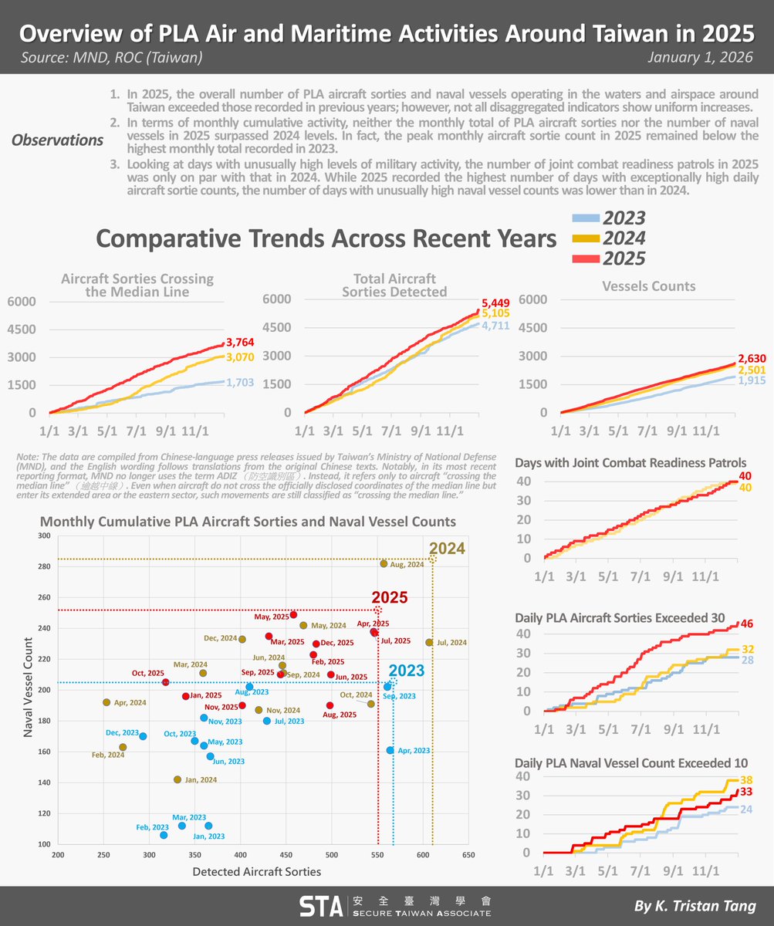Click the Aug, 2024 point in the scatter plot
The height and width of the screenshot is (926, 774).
point(384,563)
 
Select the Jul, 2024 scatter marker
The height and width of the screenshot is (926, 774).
point(429,642)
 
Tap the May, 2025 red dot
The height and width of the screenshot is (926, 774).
point(293,614)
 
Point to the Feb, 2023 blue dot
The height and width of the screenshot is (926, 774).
point(164,835)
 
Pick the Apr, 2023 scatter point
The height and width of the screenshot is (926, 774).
point(390,750)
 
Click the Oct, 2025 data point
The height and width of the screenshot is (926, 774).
point(166,682)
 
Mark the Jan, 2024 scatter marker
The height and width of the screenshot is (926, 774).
point(177,779)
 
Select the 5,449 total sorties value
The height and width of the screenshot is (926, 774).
point(495,302)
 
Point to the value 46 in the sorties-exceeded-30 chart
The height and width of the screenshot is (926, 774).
point(749,624)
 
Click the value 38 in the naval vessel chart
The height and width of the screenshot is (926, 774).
point(745,780)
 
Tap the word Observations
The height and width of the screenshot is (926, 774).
point(58,140)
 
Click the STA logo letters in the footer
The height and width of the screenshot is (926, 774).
point(320,906)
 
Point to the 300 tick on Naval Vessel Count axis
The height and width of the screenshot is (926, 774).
point(44,536)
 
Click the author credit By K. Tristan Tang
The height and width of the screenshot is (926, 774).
point(695,906)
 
